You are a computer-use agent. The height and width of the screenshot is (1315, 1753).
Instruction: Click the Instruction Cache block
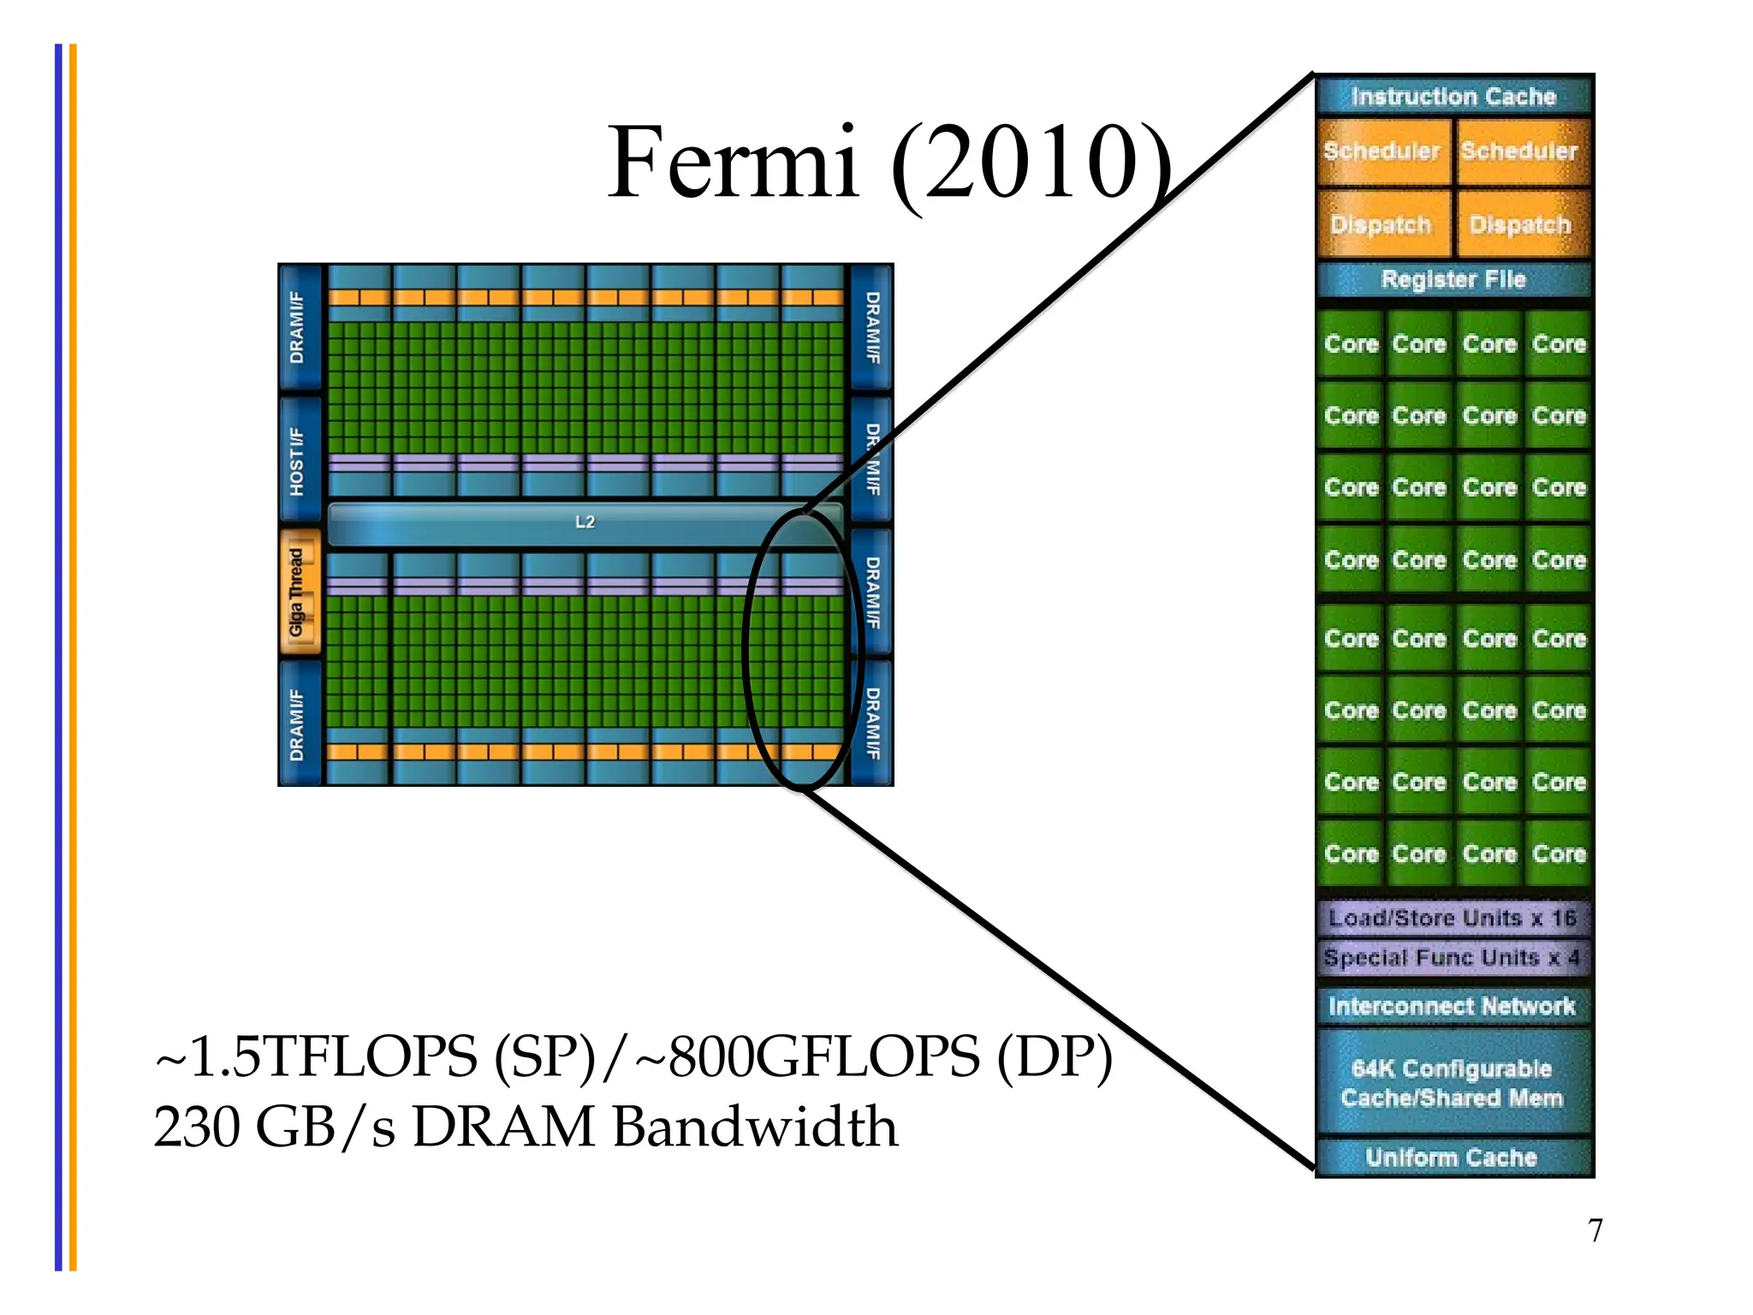click(1453, 97)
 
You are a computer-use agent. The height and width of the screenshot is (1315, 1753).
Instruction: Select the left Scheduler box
click(1382, 152)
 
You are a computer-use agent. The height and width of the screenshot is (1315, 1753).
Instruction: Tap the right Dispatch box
click(1521, 224)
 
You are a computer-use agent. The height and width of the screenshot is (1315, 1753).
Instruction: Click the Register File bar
click(1453, 280)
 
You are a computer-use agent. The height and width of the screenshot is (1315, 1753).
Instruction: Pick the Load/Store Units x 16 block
click(1453, 918)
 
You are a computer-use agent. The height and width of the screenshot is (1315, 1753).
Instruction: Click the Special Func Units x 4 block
click(1453, 957)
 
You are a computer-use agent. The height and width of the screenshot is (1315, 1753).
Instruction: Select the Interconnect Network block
click(1453, 1006)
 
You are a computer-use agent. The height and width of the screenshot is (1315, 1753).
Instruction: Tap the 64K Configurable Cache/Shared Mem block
click(1453, 1083)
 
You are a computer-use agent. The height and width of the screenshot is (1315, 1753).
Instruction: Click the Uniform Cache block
click(1453, 1157)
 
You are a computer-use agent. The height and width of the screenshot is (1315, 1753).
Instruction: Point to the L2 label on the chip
click(585, 522)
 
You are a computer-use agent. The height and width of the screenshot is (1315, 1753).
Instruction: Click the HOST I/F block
click(299, 461)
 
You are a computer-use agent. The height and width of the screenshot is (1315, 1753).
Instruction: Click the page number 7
click(1595, 1230)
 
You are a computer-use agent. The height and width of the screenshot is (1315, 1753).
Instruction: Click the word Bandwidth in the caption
click(755, 1127)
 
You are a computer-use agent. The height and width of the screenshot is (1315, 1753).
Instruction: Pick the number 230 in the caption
click(198, 1127)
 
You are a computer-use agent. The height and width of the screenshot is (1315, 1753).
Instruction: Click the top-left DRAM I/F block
click(299, 328)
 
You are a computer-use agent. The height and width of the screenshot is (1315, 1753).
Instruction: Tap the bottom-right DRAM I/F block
click(872, 723)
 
